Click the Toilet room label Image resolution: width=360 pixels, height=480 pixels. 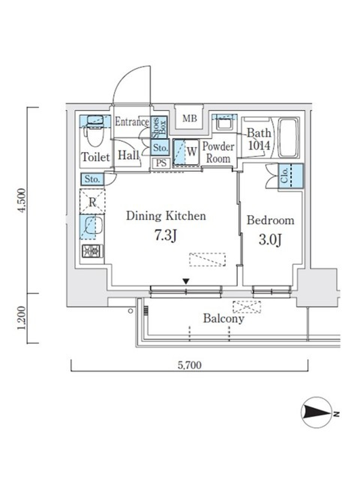click(96, 157)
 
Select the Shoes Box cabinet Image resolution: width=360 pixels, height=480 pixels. click(160, 127)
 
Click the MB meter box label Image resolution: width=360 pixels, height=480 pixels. click(190, 118)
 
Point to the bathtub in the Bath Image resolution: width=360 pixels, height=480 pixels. click(289, 138)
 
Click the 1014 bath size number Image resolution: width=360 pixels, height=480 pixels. click(259, 145)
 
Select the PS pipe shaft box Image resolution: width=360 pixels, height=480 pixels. click(161, 163)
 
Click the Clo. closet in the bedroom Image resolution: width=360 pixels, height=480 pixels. click(291, 176)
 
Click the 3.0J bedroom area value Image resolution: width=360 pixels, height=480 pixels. click(270, 240)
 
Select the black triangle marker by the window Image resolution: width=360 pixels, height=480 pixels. click(186, 282)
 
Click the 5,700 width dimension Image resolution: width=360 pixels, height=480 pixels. click(189, 365)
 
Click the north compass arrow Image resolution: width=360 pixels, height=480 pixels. click(317, 412)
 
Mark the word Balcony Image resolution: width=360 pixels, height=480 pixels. click(223, 319)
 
